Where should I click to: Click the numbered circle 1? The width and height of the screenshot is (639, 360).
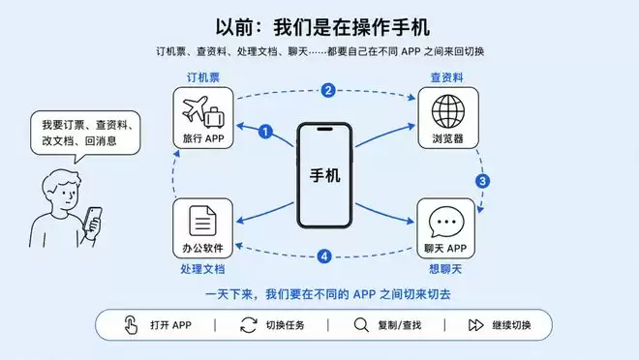pos(265,132)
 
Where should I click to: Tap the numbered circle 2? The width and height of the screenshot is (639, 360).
pos(328,90)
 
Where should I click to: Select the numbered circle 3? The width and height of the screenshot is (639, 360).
pos(482,181)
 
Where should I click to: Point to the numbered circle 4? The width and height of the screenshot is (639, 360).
pos(324,256)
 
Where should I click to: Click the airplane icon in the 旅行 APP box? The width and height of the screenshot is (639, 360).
pos(196,108)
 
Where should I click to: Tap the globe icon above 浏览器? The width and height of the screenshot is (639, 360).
pos(448,111)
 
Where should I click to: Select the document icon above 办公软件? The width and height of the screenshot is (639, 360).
pos(202,221)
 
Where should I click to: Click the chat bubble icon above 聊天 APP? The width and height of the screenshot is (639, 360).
pos(446,222)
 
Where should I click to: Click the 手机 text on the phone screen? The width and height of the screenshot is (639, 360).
pos(324,175)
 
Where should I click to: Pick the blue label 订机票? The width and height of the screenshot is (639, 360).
pos(203,77)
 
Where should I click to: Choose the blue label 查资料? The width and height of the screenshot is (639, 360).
pos(447,77)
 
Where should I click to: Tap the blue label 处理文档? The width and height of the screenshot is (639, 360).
pos(202,269)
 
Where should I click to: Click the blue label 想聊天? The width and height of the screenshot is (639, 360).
pos(445,269)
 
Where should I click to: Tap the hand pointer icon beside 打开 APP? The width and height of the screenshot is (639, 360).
pos(131,324)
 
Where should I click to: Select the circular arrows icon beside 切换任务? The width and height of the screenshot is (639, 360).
pos(249,325)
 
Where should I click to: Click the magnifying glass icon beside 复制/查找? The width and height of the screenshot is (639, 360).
pos(361,325)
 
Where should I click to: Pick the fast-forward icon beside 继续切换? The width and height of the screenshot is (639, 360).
pos(475,325)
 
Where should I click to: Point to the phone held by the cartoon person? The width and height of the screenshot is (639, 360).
pos(92,219)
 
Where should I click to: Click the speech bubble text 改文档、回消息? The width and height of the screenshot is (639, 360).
pos(79,141)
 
